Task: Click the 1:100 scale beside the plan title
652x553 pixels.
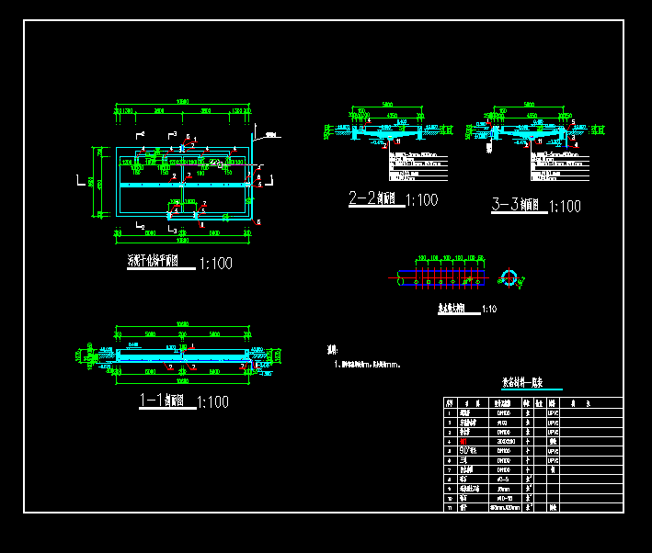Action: [x=216, y=265]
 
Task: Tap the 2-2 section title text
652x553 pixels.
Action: [x=372, y=198]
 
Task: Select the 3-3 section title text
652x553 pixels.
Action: [x=517, y=207]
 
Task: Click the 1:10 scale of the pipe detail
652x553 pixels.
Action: [x=488, y=310]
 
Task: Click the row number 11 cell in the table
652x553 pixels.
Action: [x=449, y=506]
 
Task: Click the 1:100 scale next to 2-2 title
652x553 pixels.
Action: [x=421, y=199]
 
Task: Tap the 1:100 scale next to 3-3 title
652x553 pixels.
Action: [x=565, y=208]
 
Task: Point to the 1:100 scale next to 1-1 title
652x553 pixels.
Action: [x=213, y=402]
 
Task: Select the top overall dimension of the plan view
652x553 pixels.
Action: [x=183, y=101]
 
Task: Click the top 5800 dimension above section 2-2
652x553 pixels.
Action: [x=387, y=105]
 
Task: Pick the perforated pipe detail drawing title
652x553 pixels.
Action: [x=450, y=310]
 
